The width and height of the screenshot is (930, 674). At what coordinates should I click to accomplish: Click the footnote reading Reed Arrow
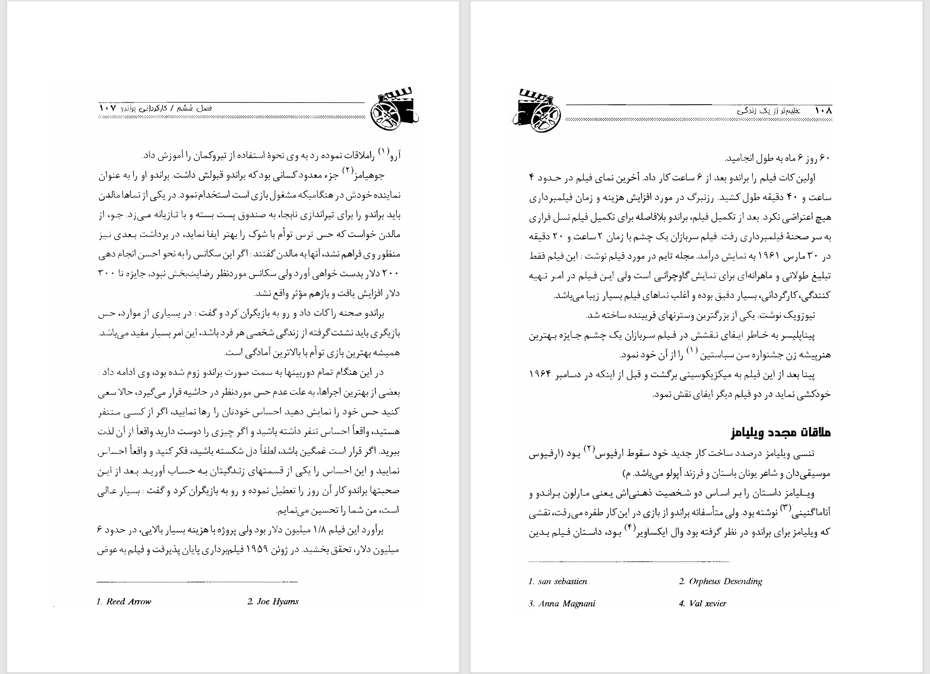point(124,601)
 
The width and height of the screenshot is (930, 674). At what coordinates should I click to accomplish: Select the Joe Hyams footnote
point(273,601)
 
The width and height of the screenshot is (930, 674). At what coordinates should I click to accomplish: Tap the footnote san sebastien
point(558,582)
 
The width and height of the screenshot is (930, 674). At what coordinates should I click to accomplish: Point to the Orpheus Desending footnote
point(720,582)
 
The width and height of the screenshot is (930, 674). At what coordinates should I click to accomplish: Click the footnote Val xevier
point(703,603)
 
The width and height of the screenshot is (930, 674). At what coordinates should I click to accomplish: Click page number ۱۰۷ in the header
point(107,109)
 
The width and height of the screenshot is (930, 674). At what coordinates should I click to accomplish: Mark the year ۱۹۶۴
point(543,374)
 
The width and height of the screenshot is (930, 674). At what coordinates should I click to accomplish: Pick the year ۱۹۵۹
point(260,550)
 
